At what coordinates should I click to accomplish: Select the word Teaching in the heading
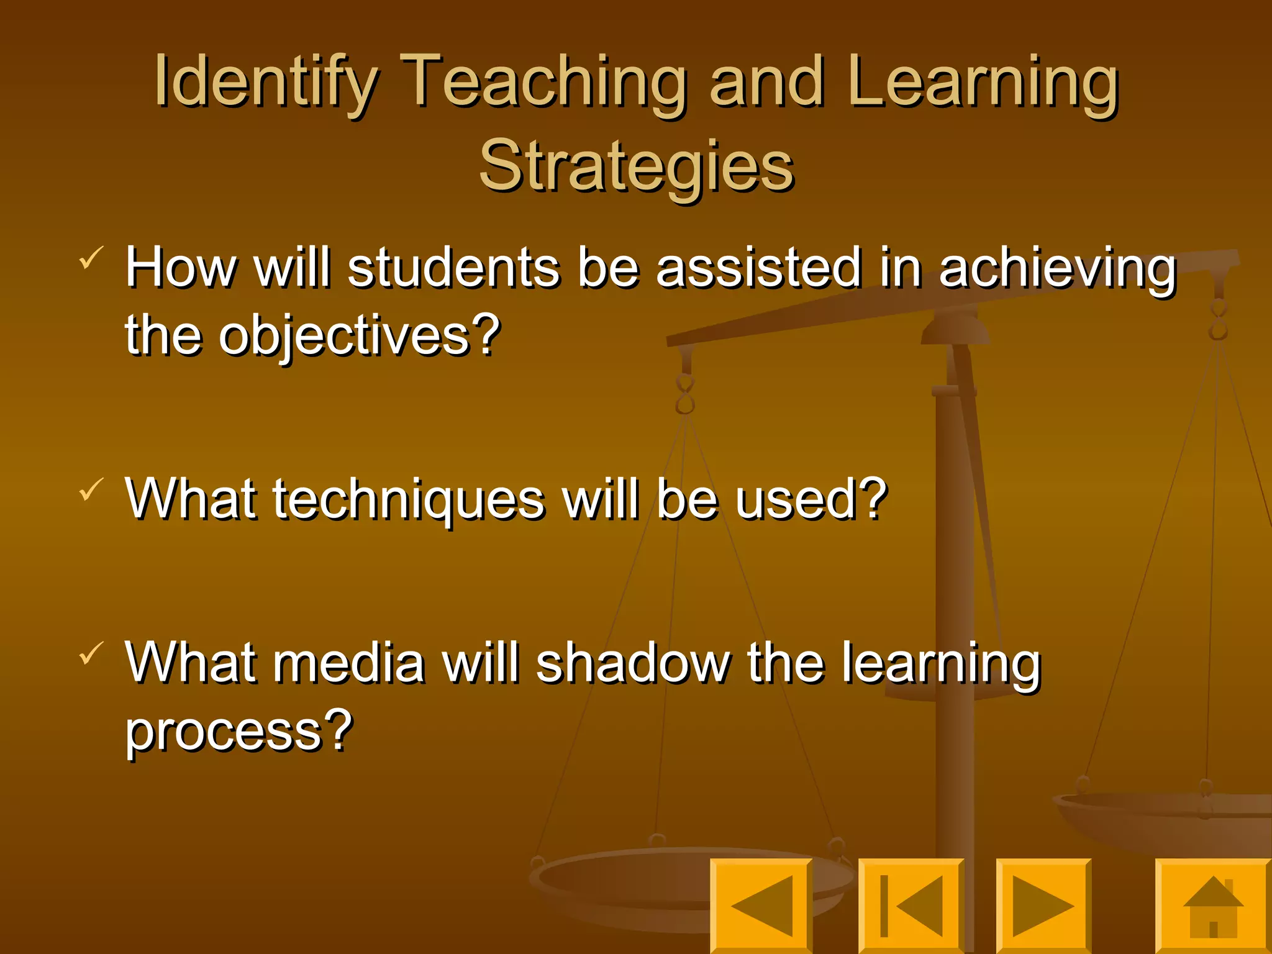pyautogui.click(x=543, y=82)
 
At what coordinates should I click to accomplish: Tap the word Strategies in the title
pyautogui.click(x=636, y=166)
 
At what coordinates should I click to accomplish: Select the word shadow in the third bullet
pyautogui.click(x=633, y=663)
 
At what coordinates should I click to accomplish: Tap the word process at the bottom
pyautogui.click(x=226, y=732)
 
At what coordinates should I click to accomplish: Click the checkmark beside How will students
pyautogui.click(x=91, y=257)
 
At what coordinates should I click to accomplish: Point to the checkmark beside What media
pyautogui.click(x=91, y=653)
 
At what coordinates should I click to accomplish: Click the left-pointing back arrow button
pyautogui.click(x=761, y=906)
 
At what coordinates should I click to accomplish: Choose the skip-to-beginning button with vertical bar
pyautogui.click(x=911, y=906)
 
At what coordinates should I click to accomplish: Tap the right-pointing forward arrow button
pyautogui.click(x=1043, y=906)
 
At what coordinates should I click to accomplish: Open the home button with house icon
pyautogui.click(x=1213, y=906)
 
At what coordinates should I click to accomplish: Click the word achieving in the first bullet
pyautogui.click(x=1058, y=268)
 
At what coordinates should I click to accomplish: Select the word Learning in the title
pyautogui.click(x=983, y=82)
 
